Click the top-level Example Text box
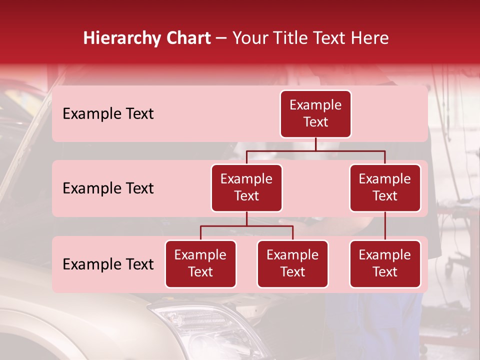pyautogui.click(x=315, y=114)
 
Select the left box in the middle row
pyautogui.click(x=246, y=188)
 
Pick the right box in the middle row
pyautogui.click(x=385, y=188)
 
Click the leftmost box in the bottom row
pyautogui.click(x=200, y=264)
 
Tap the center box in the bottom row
pyautogui.click(x=292, y=264)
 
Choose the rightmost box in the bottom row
pyautogui.click(x=385, y=264)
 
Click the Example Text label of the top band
pyautogui.click(x=108, y=114)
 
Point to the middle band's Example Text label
pyautogui.click(x=108, y=188)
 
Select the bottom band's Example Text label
pyautogui.click(x=108, y=264)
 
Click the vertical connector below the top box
pyautogui.click(x=315, y=144)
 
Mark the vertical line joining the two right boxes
pyautogui.click(x=385, y=226)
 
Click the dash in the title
pyautogui.click(x=221, y=38)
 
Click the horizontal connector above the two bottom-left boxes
pyautogui.click(x=246, y=226)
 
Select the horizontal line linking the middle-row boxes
pyautogui.click(x=315, y=150)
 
